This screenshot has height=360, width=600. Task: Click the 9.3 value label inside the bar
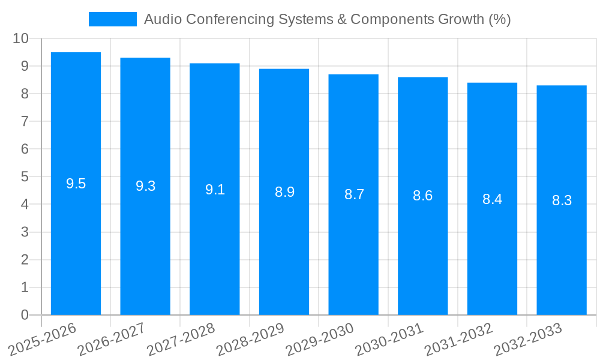click(x=145, y=186)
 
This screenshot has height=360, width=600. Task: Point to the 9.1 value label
click(x=215, y=190)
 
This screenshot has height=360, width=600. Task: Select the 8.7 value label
click(x=354, y=194)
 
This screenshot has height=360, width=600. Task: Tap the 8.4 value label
click(x=492, y=199)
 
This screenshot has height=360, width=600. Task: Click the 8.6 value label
click(x=422, y=196)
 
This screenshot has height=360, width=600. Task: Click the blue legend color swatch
click(x=113, y=19)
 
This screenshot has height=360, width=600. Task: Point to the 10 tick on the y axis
click(x=21, y=38)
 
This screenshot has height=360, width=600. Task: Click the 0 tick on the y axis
click(x=25, y=315)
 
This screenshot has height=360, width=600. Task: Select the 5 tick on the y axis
click(x=25, y=177)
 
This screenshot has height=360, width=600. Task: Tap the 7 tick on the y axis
click(x=25, y=121)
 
